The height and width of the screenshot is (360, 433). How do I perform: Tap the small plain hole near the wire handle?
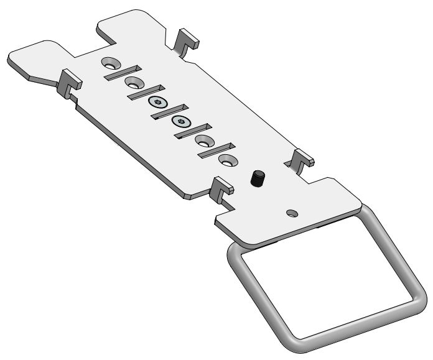tap(292, 213)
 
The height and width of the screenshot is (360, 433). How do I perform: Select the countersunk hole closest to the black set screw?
tap(227, 160)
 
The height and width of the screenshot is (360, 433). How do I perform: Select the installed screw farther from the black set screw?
tap(157, 102)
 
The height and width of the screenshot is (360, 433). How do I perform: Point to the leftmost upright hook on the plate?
tap(68, 83)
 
